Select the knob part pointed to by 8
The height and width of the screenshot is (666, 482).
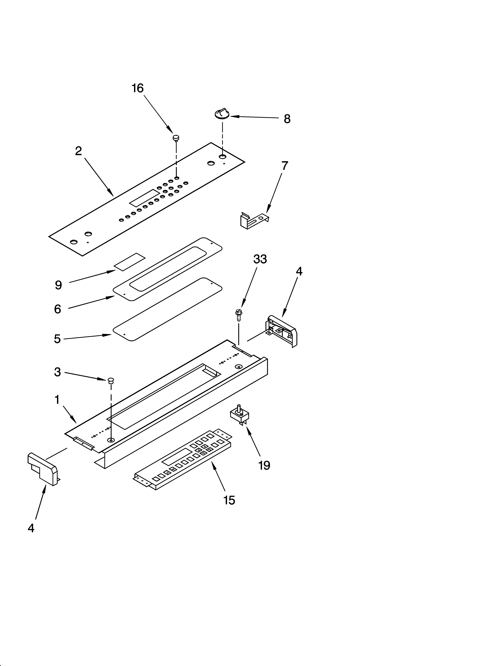click(x=222, y=113)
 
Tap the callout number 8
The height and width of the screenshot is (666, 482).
click(x=287, y=119)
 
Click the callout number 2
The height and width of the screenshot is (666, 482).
click(x=78, y=151)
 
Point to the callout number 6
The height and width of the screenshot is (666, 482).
click(x=58, y=309)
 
